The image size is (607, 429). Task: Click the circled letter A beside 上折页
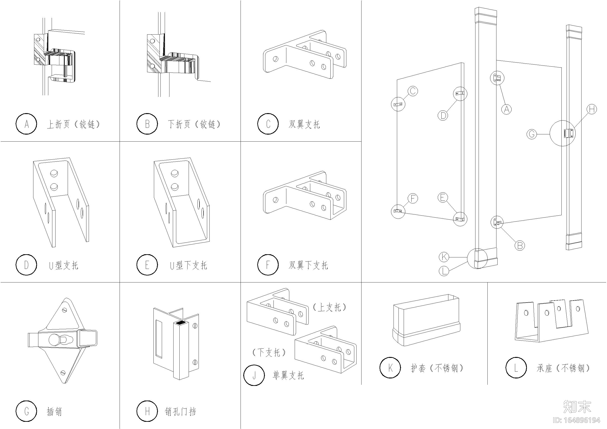(x=26, y=124)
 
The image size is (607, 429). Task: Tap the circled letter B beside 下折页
(x=147, y=124)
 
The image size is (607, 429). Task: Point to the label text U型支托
(x=64, y=265)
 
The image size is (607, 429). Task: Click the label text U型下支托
(x=188, y=265)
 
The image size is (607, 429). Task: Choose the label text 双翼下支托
(x=308, y=265)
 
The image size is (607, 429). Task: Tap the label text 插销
(x=54, y=412)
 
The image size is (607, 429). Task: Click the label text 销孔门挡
(x=180, y=412)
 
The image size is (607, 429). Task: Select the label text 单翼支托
(x=288, y=375)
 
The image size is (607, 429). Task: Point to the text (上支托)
(x=329, y=307)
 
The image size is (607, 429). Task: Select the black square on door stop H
(x=181, y=322)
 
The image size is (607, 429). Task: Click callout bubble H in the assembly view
(x=592, y=109)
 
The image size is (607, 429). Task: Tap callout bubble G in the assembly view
(x=531, y=134)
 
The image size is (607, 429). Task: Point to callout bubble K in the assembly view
(x=444, y=257)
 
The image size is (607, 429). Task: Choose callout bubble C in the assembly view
(x=413, y=91)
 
